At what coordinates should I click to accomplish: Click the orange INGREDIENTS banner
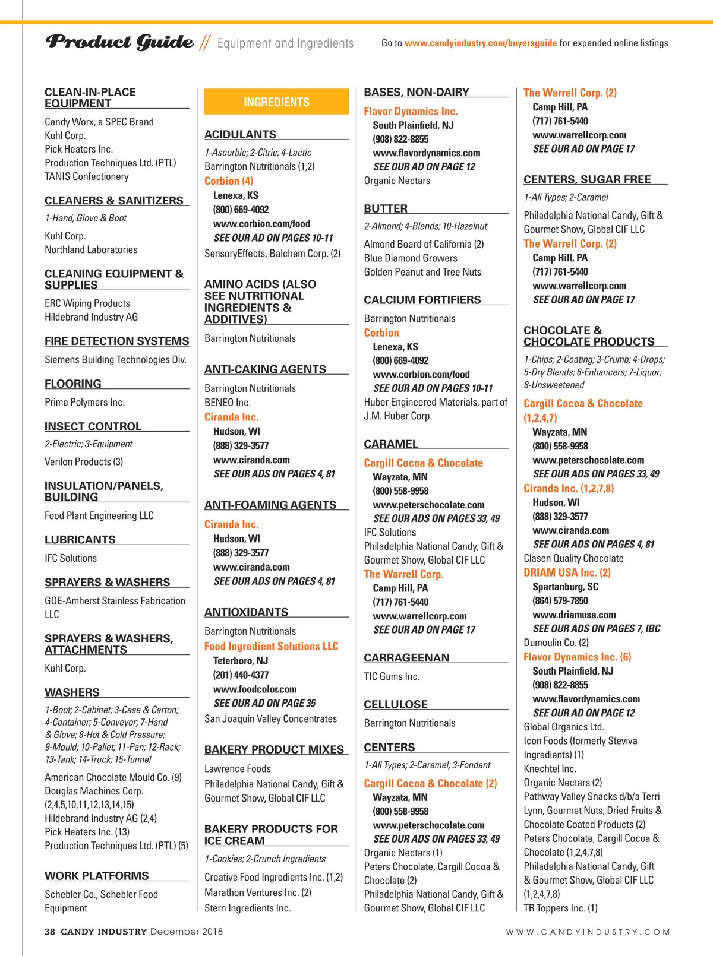coord(276,102)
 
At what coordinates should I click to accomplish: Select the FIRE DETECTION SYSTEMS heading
coord(116,341)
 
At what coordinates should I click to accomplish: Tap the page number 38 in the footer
coord(50,932)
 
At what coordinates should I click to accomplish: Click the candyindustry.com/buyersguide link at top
coord(481,43)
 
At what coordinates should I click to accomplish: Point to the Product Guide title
coord(119,42)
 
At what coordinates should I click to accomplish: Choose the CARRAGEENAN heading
coord(406,658)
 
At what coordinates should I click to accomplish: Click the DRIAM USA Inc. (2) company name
coord(567,573)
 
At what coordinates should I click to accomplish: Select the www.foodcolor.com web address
coord(255,689)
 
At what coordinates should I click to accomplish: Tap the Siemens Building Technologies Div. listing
coord(115,360)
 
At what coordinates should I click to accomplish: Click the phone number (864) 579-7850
coord(560,601)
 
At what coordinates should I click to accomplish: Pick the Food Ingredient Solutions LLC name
coord(271,647)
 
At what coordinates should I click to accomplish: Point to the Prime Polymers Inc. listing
coord(84,403)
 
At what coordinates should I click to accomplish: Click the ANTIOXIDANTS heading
coord(246,612)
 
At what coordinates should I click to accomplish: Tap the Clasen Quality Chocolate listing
coord(573,559)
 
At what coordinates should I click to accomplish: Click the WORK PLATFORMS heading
coord(96,876)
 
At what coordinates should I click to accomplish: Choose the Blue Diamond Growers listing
coord(411,258)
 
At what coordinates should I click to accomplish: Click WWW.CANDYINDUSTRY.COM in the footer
coord(588,932)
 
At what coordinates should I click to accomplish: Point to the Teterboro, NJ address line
coord(241,661)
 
